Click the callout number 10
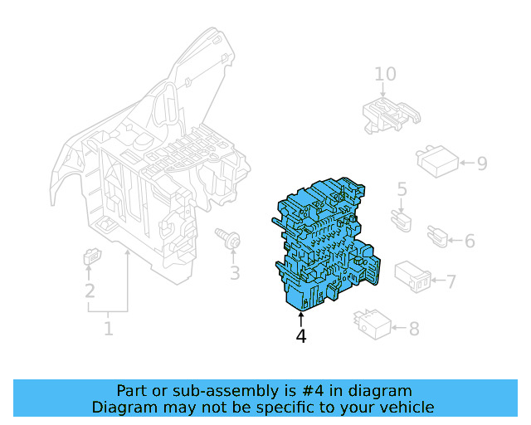(x=385, y=74)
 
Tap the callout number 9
(x=482, y=164)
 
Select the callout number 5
(x=402, y=189)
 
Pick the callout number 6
(x=470, y=241)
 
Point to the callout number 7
(x=451, y=281)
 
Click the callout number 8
(x=414, y=329)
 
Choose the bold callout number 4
(x=300, y=336)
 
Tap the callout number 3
(x=235, y=273)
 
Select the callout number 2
(x=90, y=291)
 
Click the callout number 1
(x=109, y=328)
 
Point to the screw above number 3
(x=228, y=237)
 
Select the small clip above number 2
(x=92, y=256)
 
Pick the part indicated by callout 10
(x=391, y=115)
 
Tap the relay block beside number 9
(x=437, y=161)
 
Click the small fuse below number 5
(x=402, y=221)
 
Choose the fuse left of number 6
(x=437, y=236)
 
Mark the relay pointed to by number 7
(x=412, y=276)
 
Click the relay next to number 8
(x=373, y=325)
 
